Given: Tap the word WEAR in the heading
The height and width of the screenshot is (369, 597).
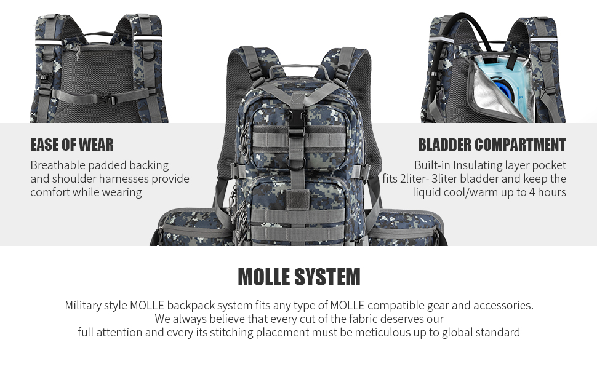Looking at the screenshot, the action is pyautogui.click(x=96, y=145).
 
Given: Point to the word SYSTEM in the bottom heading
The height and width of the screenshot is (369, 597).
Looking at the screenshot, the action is pyautogui.click(x=328, y=277).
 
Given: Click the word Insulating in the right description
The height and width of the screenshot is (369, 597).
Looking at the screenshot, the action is pyautogui.click(x=479, y=165).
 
